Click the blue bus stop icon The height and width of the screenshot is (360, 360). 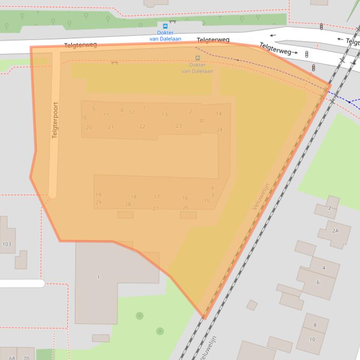[165, 26]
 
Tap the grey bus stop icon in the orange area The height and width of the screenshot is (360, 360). [198, 58]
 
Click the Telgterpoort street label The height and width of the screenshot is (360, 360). [55, 120]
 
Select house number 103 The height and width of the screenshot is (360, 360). [7, 245]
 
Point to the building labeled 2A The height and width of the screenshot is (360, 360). [335, 231]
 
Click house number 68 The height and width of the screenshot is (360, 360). [12, 358]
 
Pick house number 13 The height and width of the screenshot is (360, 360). [164, 115]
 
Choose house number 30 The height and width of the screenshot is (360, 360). [201, 121]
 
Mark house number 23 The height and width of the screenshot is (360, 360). [178, 126]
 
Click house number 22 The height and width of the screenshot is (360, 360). [142, 127]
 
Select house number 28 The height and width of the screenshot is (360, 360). [128, 204]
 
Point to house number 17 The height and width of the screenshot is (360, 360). [157, 197]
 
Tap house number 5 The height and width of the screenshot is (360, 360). [94, 109]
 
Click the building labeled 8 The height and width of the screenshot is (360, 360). [315, 325]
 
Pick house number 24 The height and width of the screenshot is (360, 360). [219, 130]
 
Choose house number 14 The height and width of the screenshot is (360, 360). [219, 114]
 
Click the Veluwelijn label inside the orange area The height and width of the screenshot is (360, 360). [261, 196]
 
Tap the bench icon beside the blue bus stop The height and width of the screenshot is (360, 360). [173, 21]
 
